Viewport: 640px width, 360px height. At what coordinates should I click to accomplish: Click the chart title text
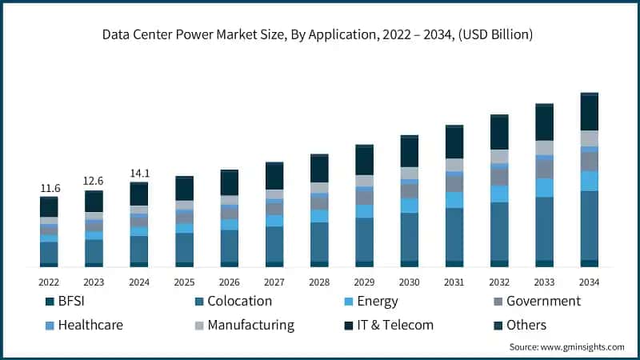(x=320, y=35)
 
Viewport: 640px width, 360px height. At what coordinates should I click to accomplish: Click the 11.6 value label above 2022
(x=49, y=188)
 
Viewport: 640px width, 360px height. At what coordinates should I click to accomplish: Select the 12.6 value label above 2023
(x=94, y=181)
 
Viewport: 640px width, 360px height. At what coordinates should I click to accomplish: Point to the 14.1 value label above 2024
(x=139, y=173)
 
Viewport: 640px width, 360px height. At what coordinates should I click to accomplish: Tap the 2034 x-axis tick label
(x=590, y=282)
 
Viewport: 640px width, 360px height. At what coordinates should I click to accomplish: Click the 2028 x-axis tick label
(x=319, y=282)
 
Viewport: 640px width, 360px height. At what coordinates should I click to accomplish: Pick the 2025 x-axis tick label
(x=184, y=282)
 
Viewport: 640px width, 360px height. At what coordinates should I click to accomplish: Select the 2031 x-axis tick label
(x=454, y=282)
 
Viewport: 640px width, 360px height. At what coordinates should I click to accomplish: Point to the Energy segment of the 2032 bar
(x=499, y=194)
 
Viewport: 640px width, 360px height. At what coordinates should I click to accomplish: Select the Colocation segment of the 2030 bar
(x=410, y=236)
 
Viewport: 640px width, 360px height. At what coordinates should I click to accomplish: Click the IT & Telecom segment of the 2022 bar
(x=49, y=207)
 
